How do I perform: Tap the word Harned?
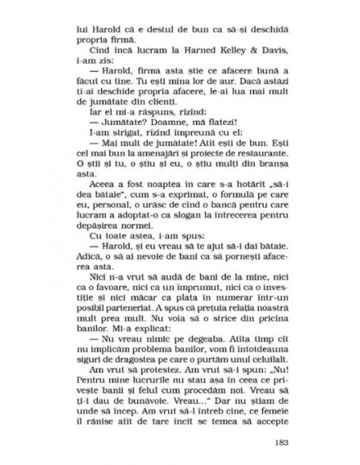(x=192, y=57)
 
